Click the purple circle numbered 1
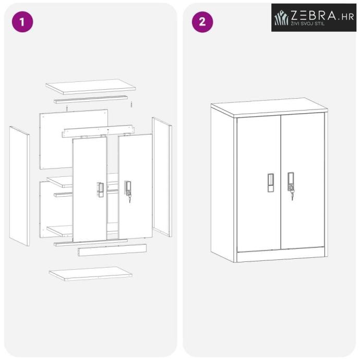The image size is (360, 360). tap(22, 22)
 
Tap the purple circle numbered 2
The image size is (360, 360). tap(202, 22)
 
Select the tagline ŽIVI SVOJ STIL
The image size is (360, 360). tap(308, 23)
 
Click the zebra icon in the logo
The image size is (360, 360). tap(281, 18)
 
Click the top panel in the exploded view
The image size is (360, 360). tap(91, 87)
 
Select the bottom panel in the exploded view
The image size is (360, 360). tap(90, 273)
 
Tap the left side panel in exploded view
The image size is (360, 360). tap(19, 186)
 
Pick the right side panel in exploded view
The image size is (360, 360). tap(162, 177)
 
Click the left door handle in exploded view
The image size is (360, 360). tap(100, 189)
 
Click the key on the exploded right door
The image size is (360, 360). tap(129, 199)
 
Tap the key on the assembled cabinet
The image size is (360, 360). tap(292, 195)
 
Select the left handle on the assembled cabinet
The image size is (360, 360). tap(270, 183)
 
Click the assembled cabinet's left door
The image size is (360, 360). tap(259, 183)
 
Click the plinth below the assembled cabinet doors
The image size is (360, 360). tap(281, 255)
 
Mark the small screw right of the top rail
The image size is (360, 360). tap(131, 104)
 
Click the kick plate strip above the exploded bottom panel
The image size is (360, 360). tap(112, 250)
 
